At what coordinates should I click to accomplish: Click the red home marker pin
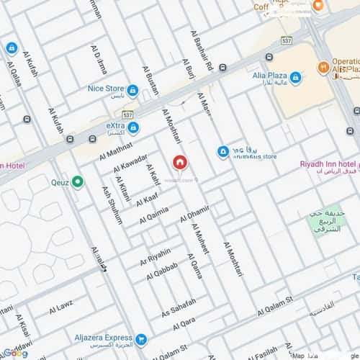click(179, 163)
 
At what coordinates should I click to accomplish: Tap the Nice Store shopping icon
click(132, 90)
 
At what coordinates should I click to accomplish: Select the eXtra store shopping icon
click(133, 127)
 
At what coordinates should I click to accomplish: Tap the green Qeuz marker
click(78, 182)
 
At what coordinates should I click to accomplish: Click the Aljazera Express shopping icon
click(142, 338)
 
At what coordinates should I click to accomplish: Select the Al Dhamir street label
click(194, 212)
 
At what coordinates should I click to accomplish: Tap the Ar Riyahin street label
click(155, 257)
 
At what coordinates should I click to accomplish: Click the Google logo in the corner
click(14, 354)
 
